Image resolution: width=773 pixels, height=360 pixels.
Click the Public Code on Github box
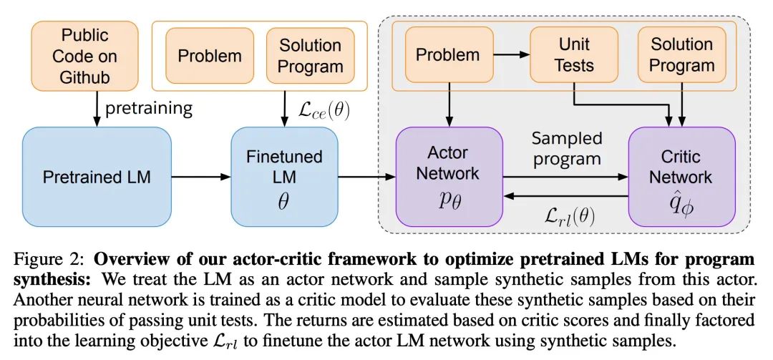(84, 56)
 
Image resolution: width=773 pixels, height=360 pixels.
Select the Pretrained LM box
(97, 177)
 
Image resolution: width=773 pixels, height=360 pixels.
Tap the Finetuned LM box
(284, 177)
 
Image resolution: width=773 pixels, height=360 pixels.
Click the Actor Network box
(449, 177)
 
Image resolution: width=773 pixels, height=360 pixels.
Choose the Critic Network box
(681, 177)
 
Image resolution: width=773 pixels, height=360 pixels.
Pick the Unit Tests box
(574, 54)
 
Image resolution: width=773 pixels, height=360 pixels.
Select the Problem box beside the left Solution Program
(210, 56)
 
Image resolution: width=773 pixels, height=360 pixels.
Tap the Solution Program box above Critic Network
(682, 54)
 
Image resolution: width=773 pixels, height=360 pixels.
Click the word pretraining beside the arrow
(148, 109)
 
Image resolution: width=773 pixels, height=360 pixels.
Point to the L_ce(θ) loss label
(324, 110)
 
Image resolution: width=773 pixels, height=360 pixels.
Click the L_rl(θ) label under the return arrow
(570, 215)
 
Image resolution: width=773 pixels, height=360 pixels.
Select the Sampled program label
(566, 148)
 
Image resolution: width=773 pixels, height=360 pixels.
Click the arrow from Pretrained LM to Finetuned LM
(201, 177)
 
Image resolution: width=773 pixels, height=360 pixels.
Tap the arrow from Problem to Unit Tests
(512, 54)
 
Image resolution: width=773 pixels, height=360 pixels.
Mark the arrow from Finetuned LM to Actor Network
(366, 177)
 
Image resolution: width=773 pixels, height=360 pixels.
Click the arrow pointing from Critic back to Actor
(565, 196)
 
